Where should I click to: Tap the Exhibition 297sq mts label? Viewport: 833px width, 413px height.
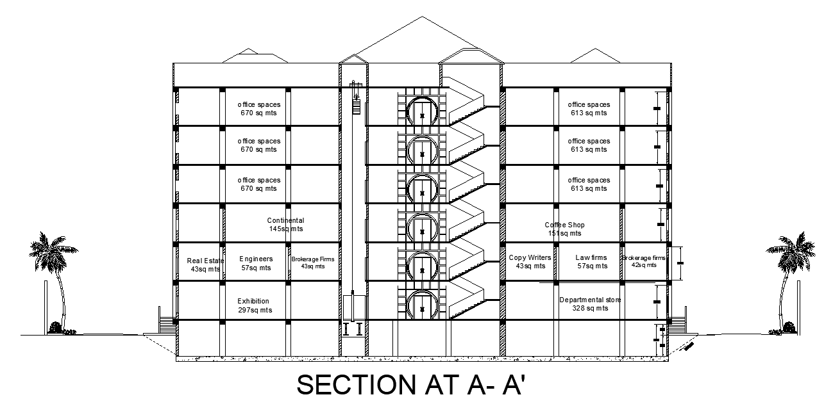pos(254,305)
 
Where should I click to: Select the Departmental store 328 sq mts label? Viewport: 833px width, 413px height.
pos(589,304)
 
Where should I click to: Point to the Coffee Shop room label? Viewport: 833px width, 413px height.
pos(565,229)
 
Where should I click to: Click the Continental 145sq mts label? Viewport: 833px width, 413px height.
pos(286,224)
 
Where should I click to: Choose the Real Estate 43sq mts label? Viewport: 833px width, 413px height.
pos(205,264)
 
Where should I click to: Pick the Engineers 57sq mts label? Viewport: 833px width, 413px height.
pos(256,263)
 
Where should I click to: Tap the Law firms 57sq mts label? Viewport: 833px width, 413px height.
pos(591,261)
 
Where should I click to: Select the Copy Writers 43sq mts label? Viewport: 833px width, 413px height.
pos(529,261)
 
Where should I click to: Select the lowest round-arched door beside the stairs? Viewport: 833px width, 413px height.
pos(421,305)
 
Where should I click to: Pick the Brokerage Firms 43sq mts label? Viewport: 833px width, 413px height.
pos(312,262)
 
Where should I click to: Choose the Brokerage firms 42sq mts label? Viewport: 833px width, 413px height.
pos(643,261)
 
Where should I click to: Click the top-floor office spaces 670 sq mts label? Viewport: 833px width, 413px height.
pos(258,109)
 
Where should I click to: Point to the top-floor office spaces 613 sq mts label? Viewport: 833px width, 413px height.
pos(589,109)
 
